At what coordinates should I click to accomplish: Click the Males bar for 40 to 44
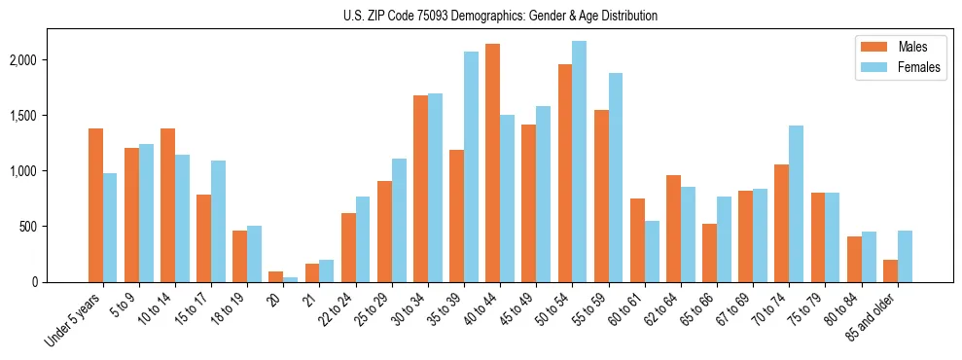tap(492, 162)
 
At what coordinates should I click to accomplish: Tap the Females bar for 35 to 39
tap(471, 166)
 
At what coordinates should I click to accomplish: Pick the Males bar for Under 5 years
tap(95, 205)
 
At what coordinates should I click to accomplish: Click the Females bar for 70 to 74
tap(796, 203)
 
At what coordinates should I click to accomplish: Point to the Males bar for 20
tap(275, 277)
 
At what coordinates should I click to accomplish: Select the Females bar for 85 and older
tap(904, 256)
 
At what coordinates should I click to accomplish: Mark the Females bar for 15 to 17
tap(219, 221)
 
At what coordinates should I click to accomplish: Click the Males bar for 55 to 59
tap(601, 196)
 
